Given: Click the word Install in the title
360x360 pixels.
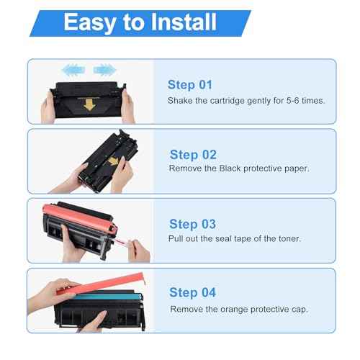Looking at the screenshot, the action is click(x=184, y=22).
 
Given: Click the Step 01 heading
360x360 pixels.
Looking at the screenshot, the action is click(x=190, y=85).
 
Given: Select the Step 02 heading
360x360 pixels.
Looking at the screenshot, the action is click(x=193, y=155).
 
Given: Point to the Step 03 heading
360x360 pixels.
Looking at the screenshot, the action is click(x=192, y=224).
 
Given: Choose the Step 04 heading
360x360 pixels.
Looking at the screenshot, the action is click(x=192, y=293).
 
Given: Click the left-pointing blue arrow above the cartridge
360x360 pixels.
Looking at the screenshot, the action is click(x=73, y=70).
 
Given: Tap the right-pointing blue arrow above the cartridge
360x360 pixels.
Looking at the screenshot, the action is click(x=105, y=70).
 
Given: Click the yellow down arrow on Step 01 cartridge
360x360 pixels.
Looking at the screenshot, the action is click(x=89, y=104).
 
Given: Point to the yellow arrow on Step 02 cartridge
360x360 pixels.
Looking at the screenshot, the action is click(x=113, y=161).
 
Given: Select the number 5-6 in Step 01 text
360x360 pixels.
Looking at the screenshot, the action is click(x=292, y=100).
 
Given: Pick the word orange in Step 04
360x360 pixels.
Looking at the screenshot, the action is click(x=234, y=310).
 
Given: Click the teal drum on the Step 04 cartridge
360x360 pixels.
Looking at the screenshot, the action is click(x=107, y=297).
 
